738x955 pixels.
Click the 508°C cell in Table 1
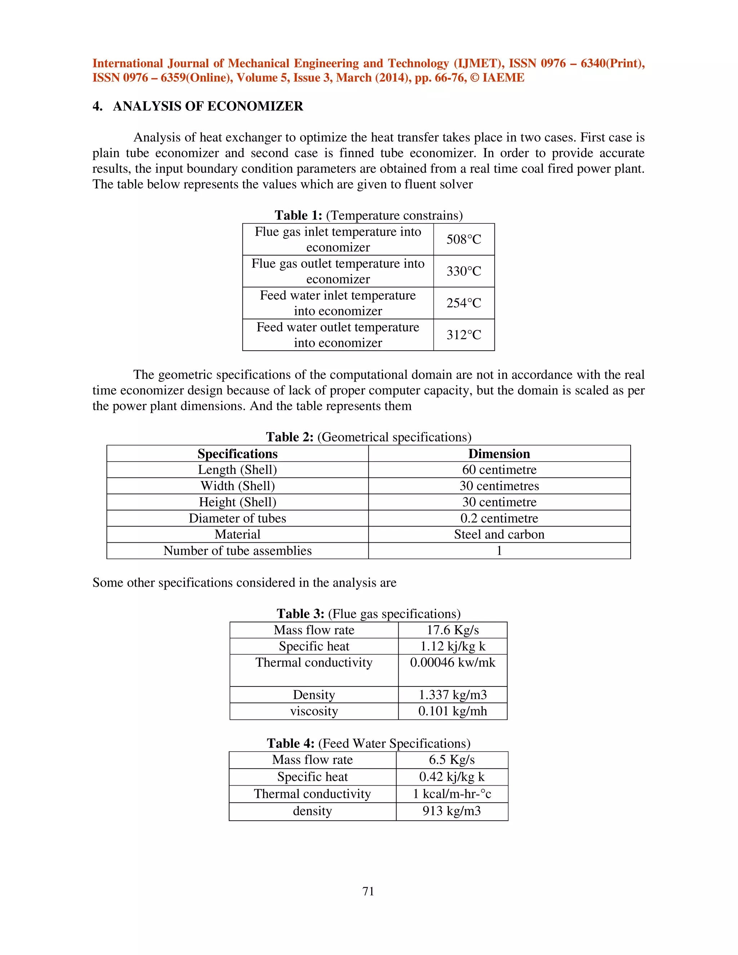point(463,239)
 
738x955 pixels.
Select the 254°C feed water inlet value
point(463,303)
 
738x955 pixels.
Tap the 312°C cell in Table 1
point(463,335)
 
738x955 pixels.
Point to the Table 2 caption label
point(289,437)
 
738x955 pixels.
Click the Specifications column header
point(237,453)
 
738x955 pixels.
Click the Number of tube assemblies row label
point(237,551)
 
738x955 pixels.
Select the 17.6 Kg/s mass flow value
point(453,630)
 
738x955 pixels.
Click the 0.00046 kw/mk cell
point(453,662)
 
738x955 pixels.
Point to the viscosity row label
point(314,711)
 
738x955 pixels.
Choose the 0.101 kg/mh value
point(453,711)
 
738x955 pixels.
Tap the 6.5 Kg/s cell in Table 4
point(452,760)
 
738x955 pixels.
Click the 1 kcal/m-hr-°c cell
point(452,794)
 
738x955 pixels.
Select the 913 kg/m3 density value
point(452,811)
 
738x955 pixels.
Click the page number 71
point(368,891)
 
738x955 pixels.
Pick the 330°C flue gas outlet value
point(463,271)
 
